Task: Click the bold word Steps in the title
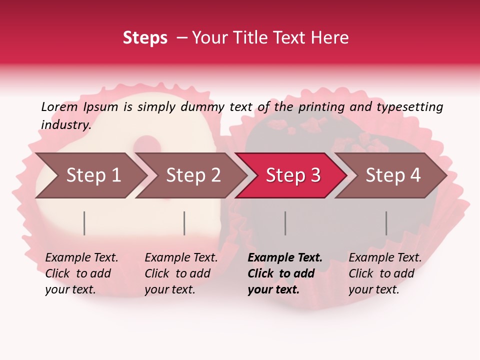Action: click(145, 38)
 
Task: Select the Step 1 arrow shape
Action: click(93, 175)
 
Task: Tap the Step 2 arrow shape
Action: click(193, 175)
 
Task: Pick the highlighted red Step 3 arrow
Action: click(293, 175)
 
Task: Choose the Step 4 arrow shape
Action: click(393, 175)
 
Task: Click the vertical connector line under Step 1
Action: click(84, 223)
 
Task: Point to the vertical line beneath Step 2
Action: click(184, 223)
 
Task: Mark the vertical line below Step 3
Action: click(285, 223)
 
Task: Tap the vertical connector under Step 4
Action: click(386, 223)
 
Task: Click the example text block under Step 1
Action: click(81, 273)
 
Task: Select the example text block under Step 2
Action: click(181, 273)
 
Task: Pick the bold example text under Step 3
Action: click(285, 273)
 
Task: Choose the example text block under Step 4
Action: click(385, 273)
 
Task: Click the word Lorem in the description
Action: click(59, 106)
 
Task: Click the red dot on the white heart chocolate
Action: click(146, 144)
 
